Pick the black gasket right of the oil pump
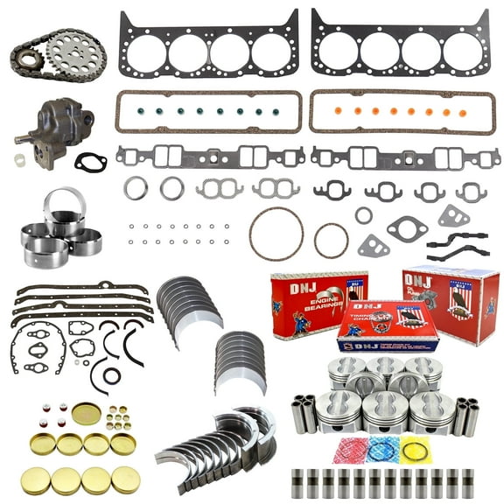90,163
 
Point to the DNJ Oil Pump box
451,302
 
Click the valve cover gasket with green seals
208,112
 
